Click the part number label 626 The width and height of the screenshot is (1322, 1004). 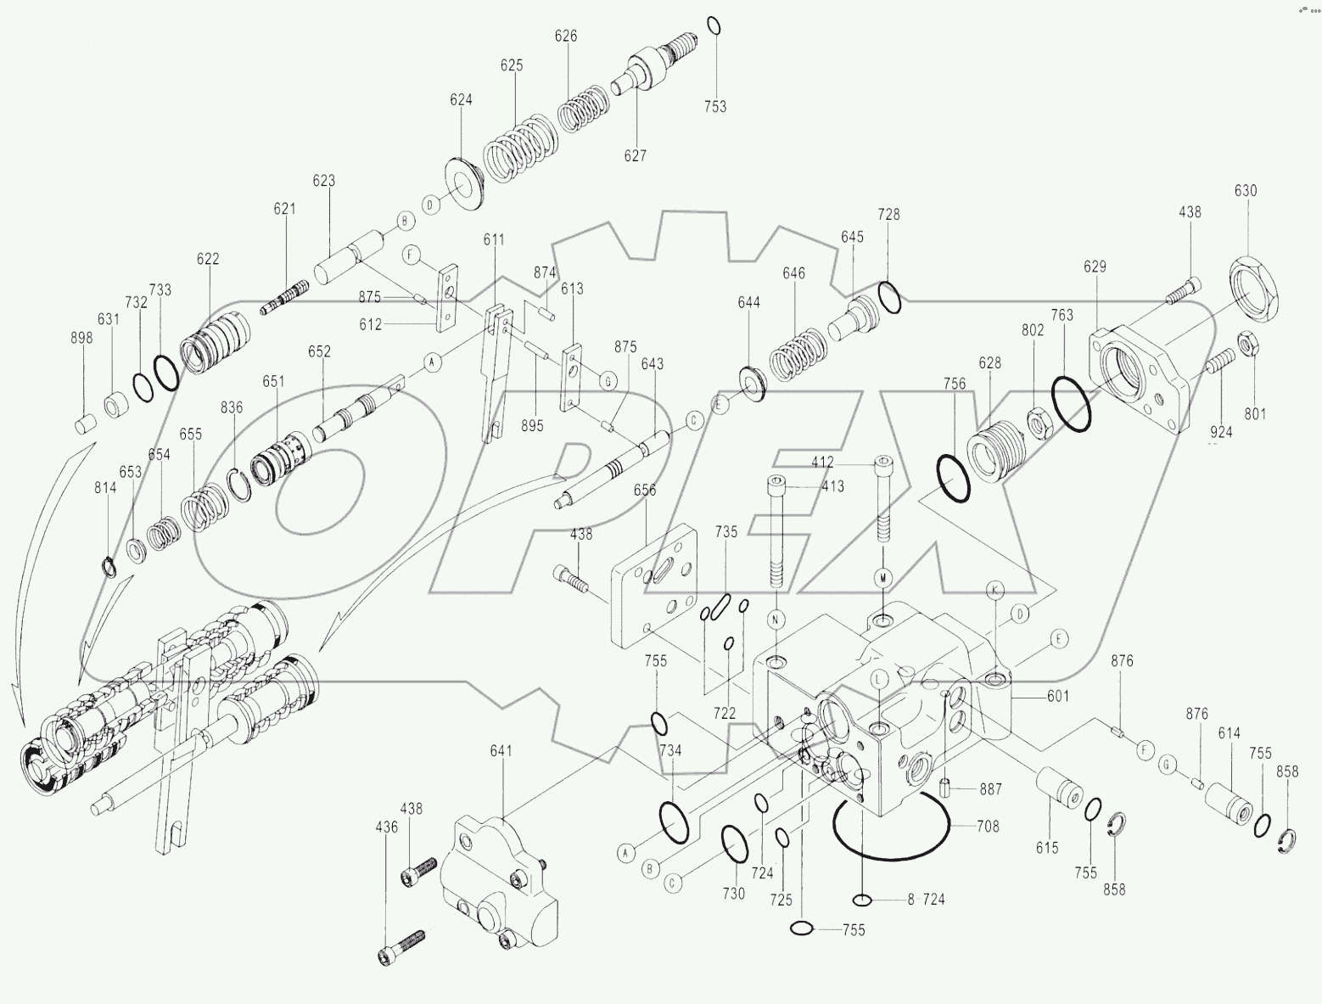coord(566,36)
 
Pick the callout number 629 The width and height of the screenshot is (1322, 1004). coord(1095,266)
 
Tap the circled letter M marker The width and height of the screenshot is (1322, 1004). coord(883,577)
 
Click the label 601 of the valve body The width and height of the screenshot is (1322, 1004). coord(1057,697)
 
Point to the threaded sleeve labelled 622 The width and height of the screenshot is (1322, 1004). coord(216,343)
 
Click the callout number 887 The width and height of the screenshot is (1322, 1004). coord(989,788)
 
